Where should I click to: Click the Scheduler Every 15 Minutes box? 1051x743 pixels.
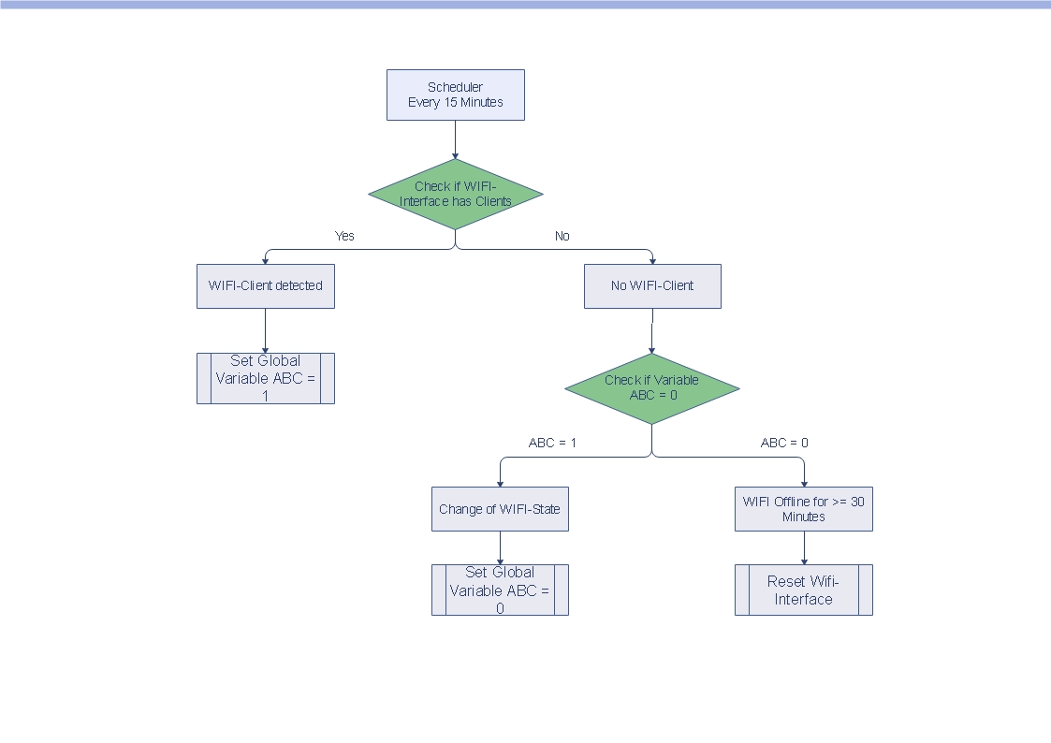pos(455,95)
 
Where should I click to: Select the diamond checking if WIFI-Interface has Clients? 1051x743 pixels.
pos(455,194)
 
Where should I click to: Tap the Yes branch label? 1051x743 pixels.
pos(344,236)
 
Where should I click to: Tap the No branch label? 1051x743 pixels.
pos(562,236)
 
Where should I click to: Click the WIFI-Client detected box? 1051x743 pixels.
pos(265,285)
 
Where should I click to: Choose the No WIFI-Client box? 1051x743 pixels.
pos(652,285)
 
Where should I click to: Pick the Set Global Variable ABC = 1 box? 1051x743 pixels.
pos(265,378)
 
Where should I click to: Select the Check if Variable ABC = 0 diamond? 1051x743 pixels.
pos(651,388)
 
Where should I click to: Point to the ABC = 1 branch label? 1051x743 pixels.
pos(552,443)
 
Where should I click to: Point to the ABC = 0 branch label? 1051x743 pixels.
pos(784,443)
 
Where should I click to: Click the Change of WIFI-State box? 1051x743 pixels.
pos(500,509)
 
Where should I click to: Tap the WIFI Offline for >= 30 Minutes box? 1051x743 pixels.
pos(803,509)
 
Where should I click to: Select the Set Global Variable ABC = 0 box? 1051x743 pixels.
pos(500,590)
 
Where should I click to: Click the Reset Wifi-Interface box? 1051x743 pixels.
pos(803,590)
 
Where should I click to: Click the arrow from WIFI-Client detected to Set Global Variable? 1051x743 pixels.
pos(265,330)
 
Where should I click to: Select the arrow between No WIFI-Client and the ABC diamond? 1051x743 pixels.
pos(651,331)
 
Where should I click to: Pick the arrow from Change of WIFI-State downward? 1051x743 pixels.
pos(500,547)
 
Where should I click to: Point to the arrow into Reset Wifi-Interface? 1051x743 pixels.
pos(804,547)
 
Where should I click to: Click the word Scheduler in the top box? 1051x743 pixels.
pos(455,87)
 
